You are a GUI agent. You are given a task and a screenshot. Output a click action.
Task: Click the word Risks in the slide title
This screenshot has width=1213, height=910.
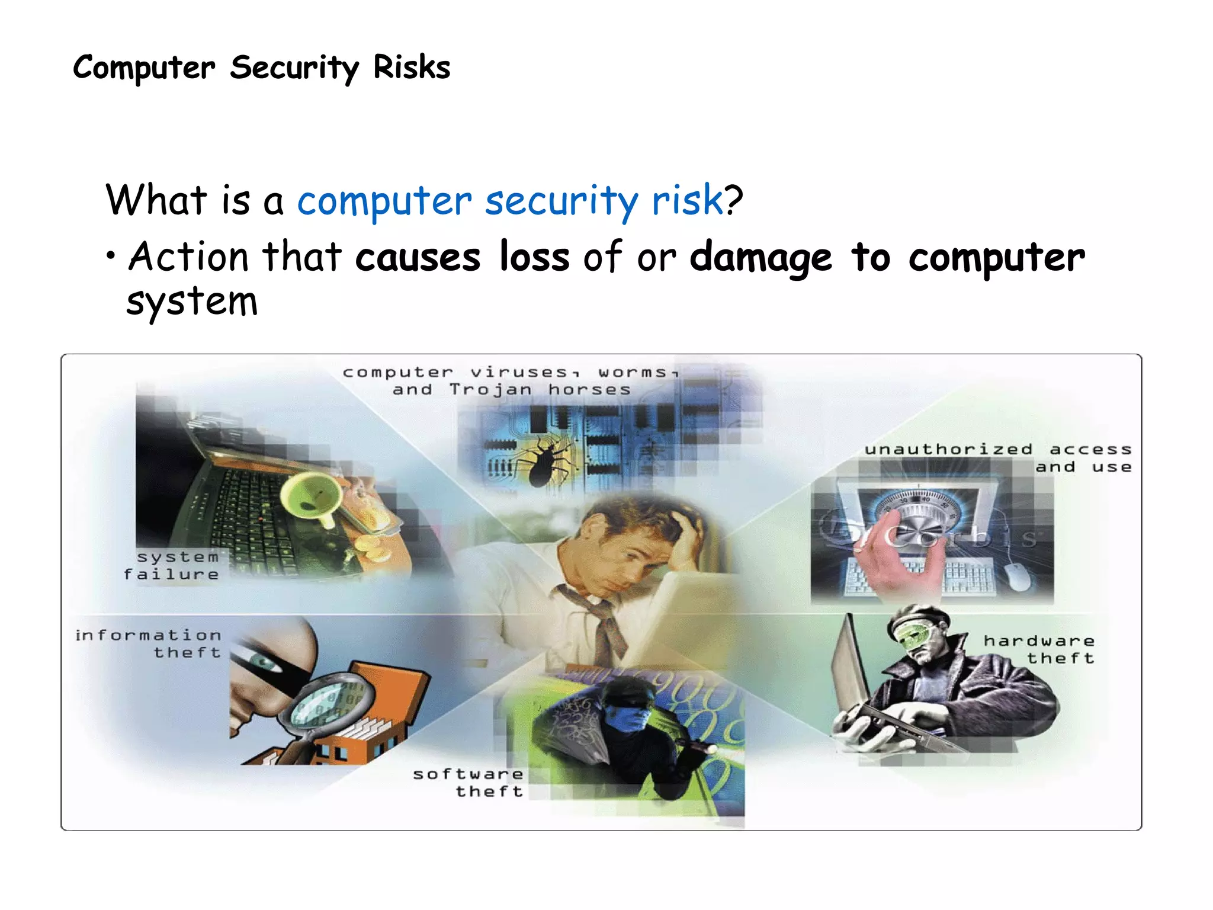click(411, 68)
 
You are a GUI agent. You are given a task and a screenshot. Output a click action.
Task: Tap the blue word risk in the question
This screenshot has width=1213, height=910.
click(687, 200)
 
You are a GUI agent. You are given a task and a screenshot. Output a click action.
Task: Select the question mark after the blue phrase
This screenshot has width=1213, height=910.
click(734, 200)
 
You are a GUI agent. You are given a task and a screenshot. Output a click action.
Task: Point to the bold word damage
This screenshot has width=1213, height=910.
click(760, 259)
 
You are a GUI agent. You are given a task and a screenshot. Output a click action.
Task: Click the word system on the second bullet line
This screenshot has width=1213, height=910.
click(192, 302)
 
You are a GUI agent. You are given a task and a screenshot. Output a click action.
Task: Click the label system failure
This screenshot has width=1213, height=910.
click(172, 566)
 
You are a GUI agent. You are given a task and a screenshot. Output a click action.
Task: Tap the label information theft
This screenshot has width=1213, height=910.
click(149, 644)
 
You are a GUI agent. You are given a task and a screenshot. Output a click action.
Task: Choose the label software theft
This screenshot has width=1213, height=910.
click(468, 783)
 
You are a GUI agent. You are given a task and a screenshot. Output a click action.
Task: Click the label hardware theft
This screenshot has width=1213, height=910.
click(1039, 649)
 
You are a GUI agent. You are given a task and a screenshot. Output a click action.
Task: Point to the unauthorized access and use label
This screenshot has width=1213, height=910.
click(999, 458)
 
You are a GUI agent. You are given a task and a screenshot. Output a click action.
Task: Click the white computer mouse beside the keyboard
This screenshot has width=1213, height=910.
click(1018, 576)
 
